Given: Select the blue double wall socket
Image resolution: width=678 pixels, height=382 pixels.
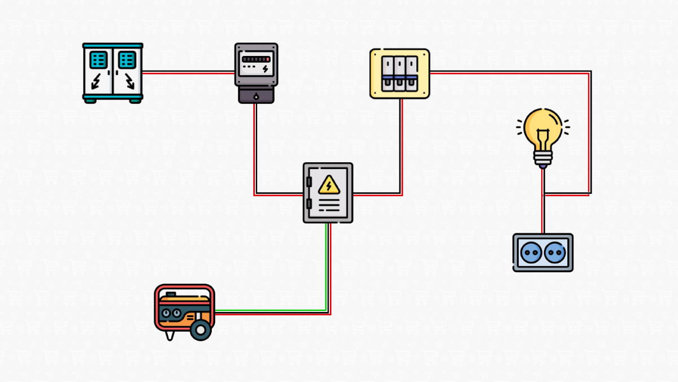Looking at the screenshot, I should [542, 253].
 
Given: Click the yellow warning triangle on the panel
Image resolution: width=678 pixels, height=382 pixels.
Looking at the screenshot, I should [328, 185].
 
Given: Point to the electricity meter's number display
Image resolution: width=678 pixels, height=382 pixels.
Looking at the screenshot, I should [256, 58].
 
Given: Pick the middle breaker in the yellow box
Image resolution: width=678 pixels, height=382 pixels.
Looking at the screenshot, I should [400, 73].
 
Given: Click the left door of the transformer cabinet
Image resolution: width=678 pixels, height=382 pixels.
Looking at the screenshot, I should [98, 72].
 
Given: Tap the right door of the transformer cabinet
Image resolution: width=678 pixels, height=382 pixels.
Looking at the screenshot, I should [127, 72].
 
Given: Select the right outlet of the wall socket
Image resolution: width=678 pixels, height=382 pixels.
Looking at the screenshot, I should [555, 253].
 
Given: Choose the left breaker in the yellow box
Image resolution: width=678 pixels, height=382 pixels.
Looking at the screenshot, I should [388, 73].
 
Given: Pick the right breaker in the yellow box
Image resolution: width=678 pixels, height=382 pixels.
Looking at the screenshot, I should [412, 73].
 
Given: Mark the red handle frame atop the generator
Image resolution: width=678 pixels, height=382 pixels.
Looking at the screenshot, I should [184, 288].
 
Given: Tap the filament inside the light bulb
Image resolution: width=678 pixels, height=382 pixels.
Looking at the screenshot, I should [542, 136].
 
